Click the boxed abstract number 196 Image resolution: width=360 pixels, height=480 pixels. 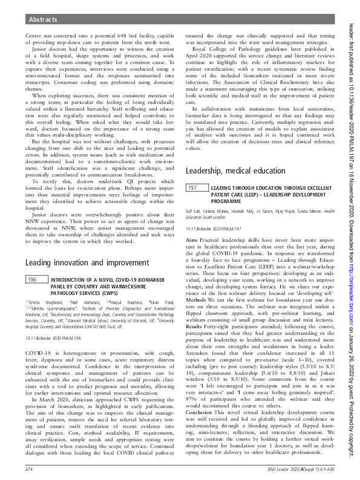click(x=34, y=279)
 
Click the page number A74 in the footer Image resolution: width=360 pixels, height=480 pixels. click(x=29, y=469)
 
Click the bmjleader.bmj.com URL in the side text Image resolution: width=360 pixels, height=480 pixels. click(x=351, y=304)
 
